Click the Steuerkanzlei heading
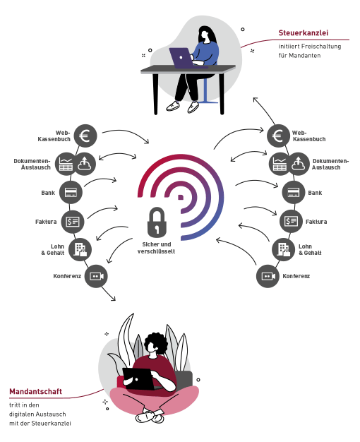[304, 33]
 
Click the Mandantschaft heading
[35, 392]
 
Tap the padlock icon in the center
[157, 222]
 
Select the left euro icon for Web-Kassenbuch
[85, 136]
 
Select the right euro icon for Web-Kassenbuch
[279, 136]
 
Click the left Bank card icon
[71, 193]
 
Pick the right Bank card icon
[294, 193]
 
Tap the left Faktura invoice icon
[73, 222]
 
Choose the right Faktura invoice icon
[291, 221]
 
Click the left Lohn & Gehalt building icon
[80, 249]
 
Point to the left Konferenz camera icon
[96, 276]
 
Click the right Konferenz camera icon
[268, 276]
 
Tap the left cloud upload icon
[84, 164]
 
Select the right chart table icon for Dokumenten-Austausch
[279, 164]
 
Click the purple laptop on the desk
[182, 58]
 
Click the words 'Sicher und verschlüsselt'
[157, 248]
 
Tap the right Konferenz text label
[296, 276]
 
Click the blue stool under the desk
[206, 90]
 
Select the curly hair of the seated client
[156, 342]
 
